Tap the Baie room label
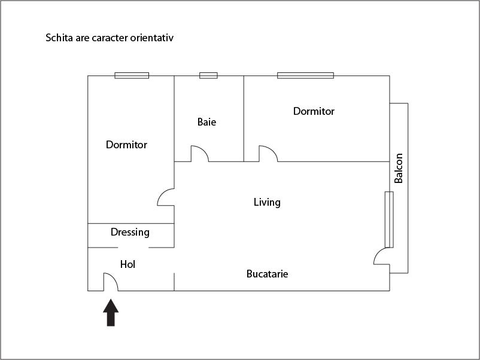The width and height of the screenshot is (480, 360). (206, 122)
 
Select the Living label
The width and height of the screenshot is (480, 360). (267, 202)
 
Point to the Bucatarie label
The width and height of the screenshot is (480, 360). (268, 274)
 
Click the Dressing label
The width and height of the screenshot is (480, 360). (130, 232)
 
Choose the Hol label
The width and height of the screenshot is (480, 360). (127, 264)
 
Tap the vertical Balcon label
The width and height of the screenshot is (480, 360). (399, 169)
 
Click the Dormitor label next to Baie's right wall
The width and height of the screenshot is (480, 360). (314, 111)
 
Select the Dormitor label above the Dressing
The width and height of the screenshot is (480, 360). (126, 145)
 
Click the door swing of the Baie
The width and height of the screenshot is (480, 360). (199, 154)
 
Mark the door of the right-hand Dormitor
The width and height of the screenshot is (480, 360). (268, 154)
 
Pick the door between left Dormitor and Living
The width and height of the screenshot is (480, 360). (166, 197)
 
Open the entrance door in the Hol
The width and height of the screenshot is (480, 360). (110, 282)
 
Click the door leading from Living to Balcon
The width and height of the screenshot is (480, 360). (382, 257)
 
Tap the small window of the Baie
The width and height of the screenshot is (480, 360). (208, 75)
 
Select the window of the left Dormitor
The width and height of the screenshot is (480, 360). (132, 75)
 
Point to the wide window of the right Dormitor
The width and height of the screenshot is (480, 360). (305, 75)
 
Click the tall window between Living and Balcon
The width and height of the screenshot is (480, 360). (389, 219)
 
